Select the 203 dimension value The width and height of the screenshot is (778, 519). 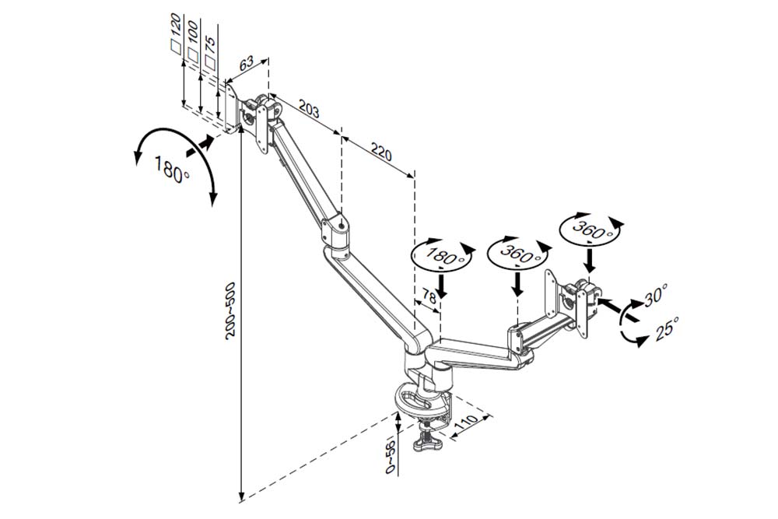[310, 110]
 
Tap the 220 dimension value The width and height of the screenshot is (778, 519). [380, 153]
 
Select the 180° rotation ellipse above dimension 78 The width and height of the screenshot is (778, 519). [440, 254]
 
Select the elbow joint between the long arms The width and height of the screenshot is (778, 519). [337, 232]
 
